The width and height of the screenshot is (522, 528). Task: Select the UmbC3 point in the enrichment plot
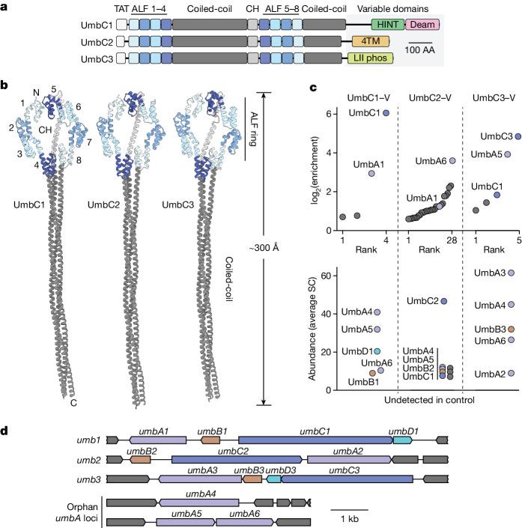point(518,137)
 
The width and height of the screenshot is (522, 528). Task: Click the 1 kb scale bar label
point(348,518)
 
